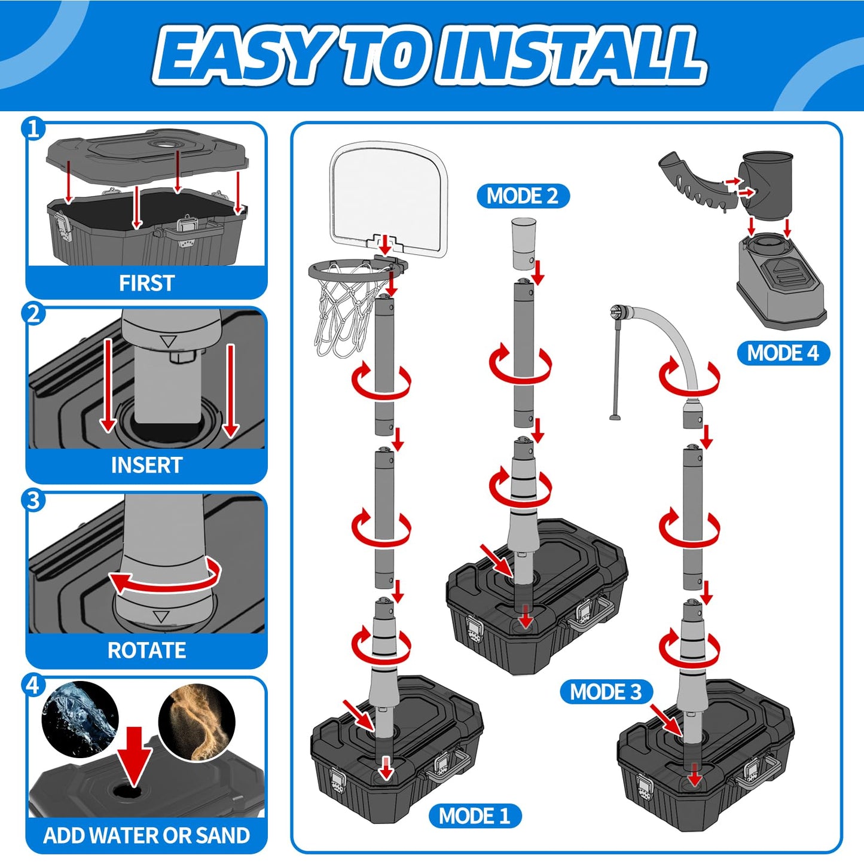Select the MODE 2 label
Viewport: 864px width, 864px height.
click(x=523, y=196)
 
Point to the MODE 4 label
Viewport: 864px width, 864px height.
click(x=783, y=353)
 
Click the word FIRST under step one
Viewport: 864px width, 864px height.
click(x=146, y=283)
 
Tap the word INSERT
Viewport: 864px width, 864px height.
click(x=146, y=465)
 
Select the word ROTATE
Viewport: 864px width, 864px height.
click(x=146, y=650)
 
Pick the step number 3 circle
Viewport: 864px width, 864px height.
click(x=33, y=500)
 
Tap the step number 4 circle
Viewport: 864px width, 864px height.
click(x=33, y=685)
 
